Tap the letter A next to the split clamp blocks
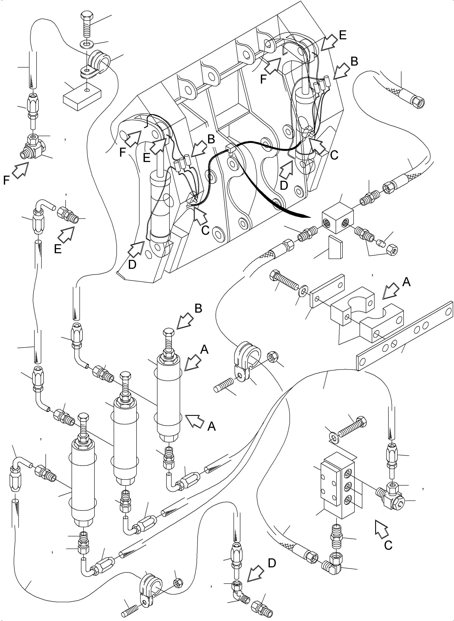coord(406,282)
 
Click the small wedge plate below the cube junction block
coord(335,247)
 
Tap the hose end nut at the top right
coord(419,103)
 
